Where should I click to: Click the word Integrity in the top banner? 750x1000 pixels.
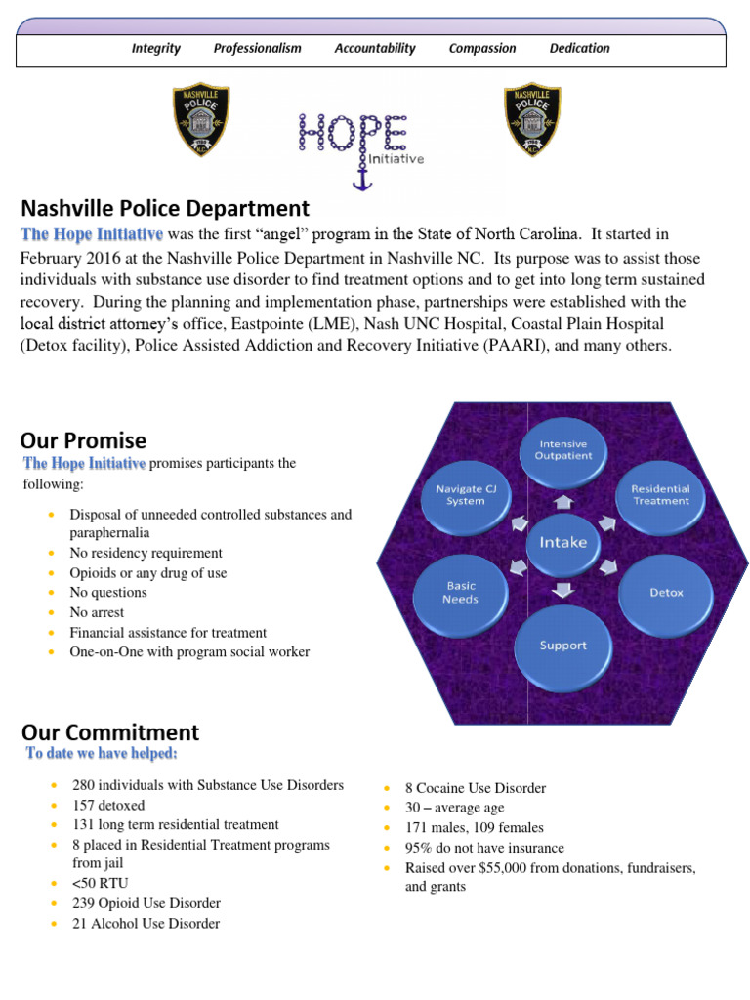click(156, 48)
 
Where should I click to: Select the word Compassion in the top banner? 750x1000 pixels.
click(482, 48)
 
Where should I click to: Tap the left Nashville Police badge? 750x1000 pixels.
click(201, 118)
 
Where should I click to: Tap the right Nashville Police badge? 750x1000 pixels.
click(531, 118)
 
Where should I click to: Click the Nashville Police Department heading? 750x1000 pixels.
click(165, 208)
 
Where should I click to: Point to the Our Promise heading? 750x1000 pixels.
click(84, 440)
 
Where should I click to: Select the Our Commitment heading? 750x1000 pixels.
click(110, 732)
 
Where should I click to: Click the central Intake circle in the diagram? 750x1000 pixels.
click(563, 541)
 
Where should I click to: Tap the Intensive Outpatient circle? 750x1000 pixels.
click(563, 450)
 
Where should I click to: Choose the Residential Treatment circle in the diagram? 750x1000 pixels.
click(660, 495)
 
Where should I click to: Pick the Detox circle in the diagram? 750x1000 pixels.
click(666, 592)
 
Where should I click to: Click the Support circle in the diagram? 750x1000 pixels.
click(563, 645)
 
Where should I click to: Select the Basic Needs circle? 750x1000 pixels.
click(460, 593)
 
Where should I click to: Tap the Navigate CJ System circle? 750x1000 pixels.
click(465, 495)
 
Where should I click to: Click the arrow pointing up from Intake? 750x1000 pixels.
click(563, 502)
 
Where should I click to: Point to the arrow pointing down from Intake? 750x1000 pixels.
click(563, 588)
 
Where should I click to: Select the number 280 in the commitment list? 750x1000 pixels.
click(84, 785)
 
